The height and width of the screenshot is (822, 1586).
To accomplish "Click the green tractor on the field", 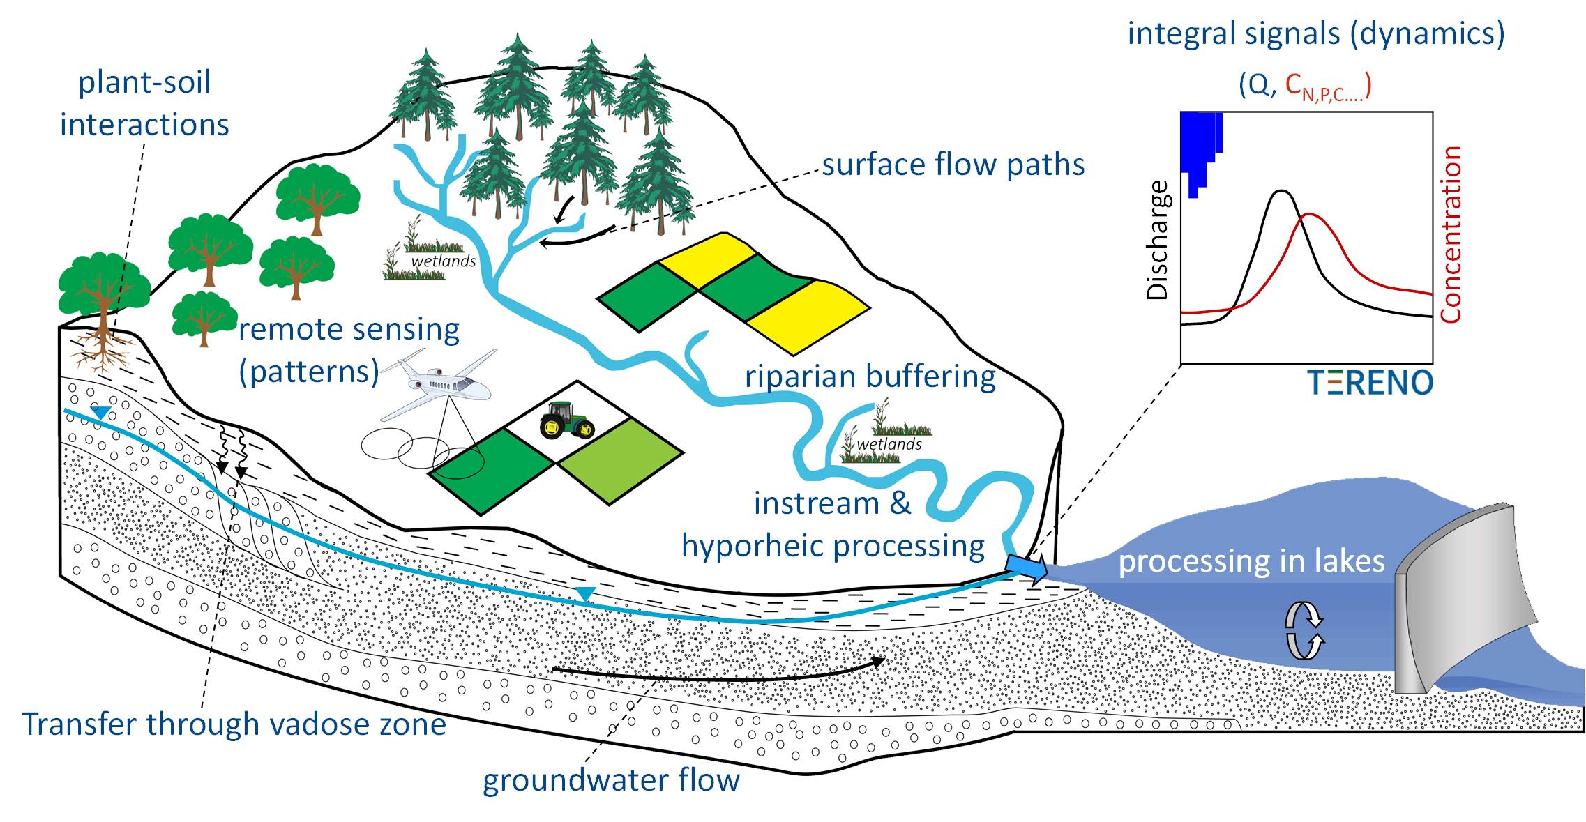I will [x=566, y=420].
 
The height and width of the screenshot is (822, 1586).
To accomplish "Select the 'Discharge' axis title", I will [x=1158, y=240].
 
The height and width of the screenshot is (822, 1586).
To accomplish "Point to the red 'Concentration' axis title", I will [x=1451, y=234].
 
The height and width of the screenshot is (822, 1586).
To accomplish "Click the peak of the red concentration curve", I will [x=1308, y=214].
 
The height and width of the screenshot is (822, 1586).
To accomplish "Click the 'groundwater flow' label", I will [x=611, y=779].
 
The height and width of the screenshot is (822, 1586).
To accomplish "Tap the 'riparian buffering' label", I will [x=870, y=376].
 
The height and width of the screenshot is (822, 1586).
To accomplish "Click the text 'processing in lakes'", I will [x=1251, y=561].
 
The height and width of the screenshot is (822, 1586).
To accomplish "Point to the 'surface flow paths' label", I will [x=953, y=165].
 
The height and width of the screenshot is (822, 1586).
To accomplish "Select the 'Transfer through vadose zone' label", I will [x=234, y=724].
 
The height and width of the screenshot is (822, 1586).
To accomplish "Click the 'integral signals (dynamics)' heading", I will [x=1315, y=33].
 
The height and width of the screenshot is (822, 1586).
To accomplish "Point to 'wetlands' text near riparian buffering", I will [x=889, y=444].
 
